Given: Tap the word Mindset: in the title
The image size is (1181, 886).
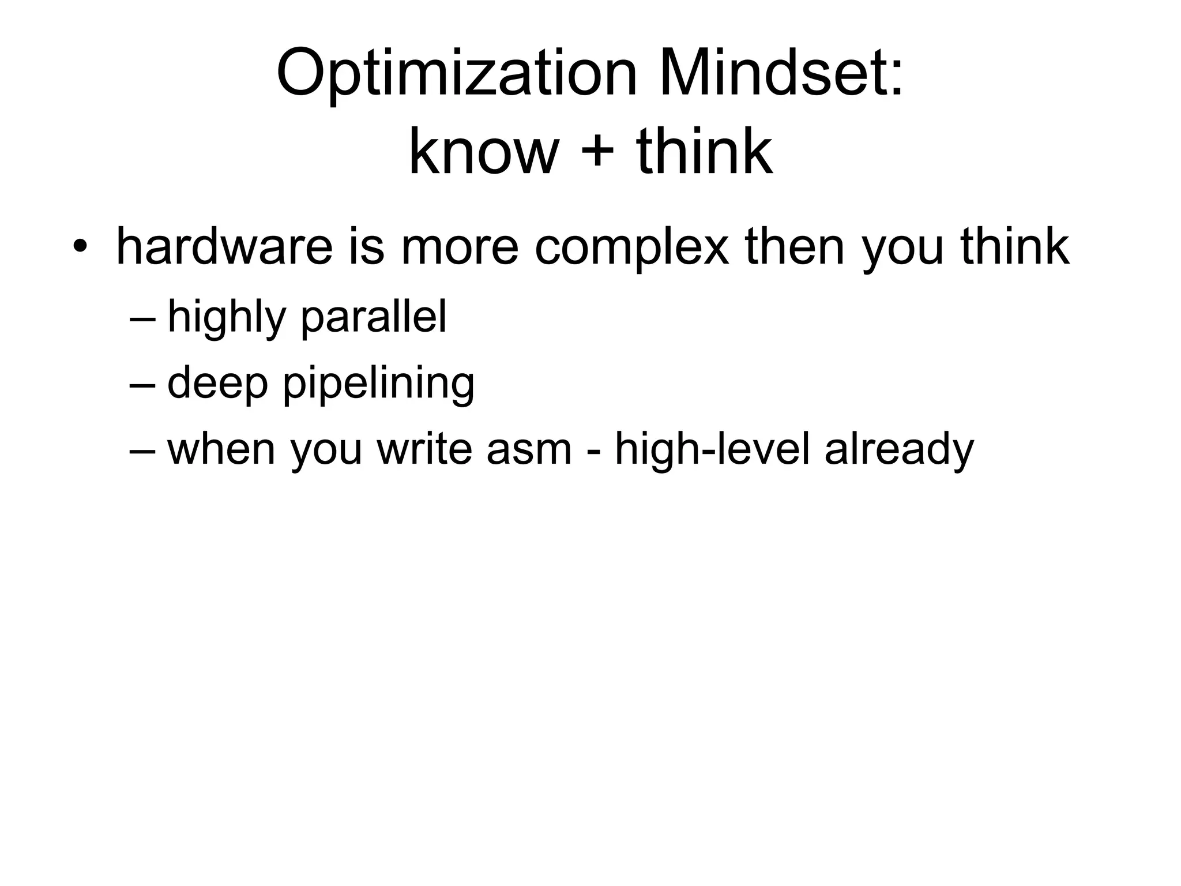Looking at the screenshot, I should (781, 75).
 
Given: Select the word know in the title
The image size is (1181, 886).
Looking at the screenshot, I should (483, 152).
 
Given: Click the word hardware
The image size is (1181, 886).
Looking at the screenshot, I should (224, 247).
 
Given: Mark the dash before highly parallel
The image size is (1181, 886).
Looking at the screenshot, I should (142, 319).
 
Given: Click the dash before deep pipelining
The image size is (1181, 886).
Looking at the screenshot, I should (142, 385).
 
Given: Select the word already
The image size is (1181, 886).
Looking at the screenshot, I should (899, 450).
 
